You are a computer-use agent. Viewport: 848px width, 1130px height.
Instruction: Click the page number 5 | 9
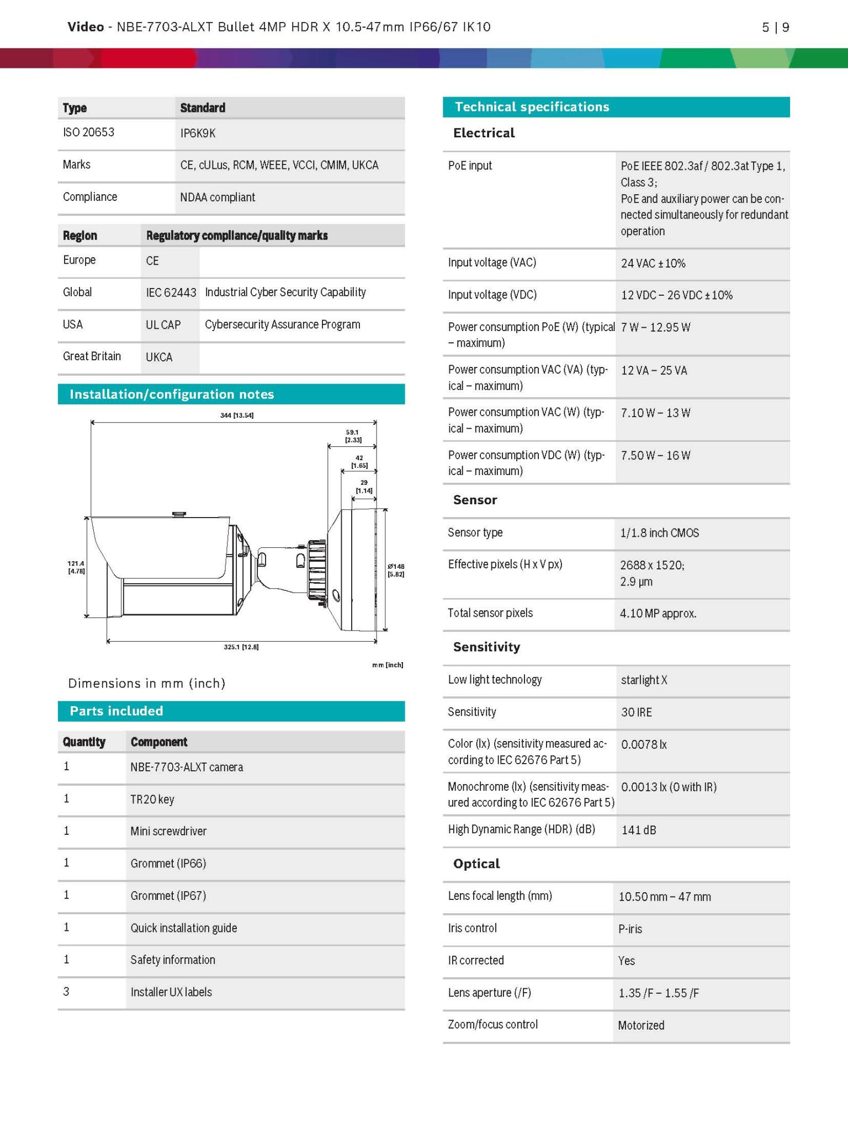pyautogui.click(x=775, y=27)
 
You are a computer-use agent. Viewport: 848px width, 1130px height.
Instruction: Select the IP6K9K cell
pyautogui.click(x=198, y=134)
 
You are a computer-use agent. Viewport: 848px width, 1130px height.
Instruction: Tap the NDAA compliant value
pyautogui.click(x=218, y=198)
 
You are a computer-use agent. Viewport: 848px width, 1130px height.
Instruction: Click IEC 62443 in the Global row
pyautogui.click(x=171, y=292)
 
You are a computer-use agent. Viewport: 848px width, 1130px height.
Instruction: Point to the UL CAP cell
pyautogui.click(x=163, y=325)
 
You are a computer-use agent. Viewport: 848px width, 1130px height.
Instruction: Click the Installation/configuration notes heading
pyautogui.click(x=172, y=395)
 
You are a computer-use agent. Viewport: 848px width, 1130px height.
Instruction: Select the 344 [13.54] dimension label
pyautogui.click(x=236, y=415)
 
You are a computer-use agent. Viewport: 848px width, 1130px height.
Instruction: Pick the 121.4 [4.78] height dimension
pyautogui.click(x=76, y=567)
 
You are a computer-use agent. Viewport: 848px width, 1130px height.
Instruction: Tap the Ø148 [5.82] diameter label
pyautogui.click(x=396, y=570)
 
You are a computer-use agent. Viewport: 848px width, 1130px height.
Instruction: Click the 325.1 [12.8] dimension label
pyautogui.click(x=241, y=647)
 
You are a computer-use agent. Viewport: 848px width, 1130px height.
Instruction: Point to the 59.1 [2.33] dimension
pyautogui.click(x=353, y=436)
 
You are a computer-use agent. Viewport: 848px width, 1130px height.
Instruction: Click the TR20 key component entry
pyautogui.click(x=152, y=799)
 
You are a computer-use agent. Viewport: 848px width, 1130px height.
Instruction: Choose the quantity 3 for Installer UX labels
pyautogui.click(x=66, y=992)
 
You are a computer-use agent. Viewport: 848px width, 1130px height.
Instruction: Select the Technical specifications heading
pyautogui.click(x=532, y=107)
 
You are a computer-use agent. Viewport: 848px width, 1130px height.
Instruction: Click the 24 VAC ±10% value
pyautogui.click(x=653, y=263)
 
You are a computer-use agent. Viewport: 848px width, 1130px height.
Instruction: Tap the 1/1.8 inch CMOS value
pyautogui.click(x=659, y=533)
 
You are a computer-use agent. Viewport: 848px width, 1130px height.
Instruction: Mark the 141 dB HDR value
pyautogui.click(x=639, y=830)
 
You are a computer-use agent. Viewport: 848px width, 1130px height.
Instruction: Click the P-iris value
pyautogui.click(x=630, y=929)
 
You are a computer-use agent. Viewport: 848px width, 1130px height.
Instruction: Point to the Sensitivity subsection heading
pyautogui.click(x=486, y=647)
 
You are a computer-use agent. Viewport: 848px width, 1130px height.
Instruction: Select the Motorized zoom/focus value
pyautogui.click(x=641, y=1025)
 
